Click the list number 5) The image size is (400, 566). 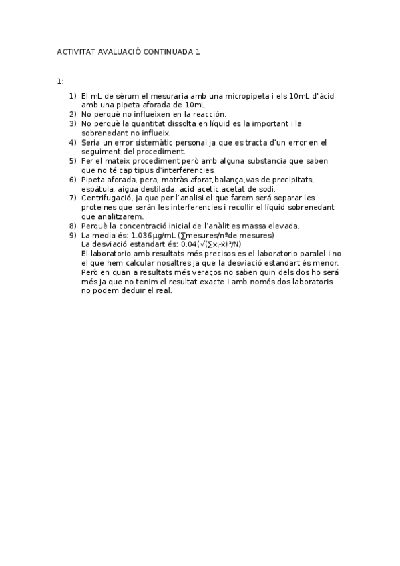tap(73, 161)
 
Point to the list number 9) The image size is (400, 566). tap(73, 235)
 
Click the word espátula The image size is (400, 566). tap(98, 189)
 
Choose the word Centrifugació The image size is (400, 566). tap(106, 198)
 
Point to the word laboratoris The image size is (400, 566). tap(311, 282)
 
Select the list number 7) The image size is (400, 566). tap(73, 198)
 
